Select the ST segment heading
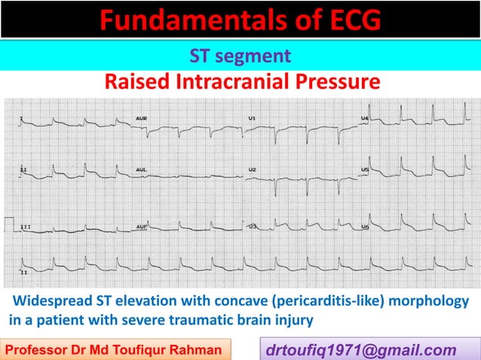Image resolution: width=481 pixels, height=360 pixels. coord(240,55)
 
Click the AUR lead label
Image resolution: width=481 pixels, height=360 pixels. coord(141,119)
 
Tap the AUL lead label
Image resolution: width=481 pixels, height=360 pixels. coord(141,170)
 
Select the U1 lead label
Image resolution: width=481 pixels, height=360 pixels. coord(252,119)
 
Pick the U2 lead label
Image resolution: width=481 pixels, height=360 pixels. coord(252,170)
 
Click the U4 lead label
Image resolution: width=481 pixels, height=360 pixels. coord(365,118)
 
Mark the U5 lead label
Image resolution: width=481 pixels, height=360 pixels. coord(365,170)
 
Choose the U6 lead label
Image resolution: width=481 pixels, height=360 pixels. coord(365,226)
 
